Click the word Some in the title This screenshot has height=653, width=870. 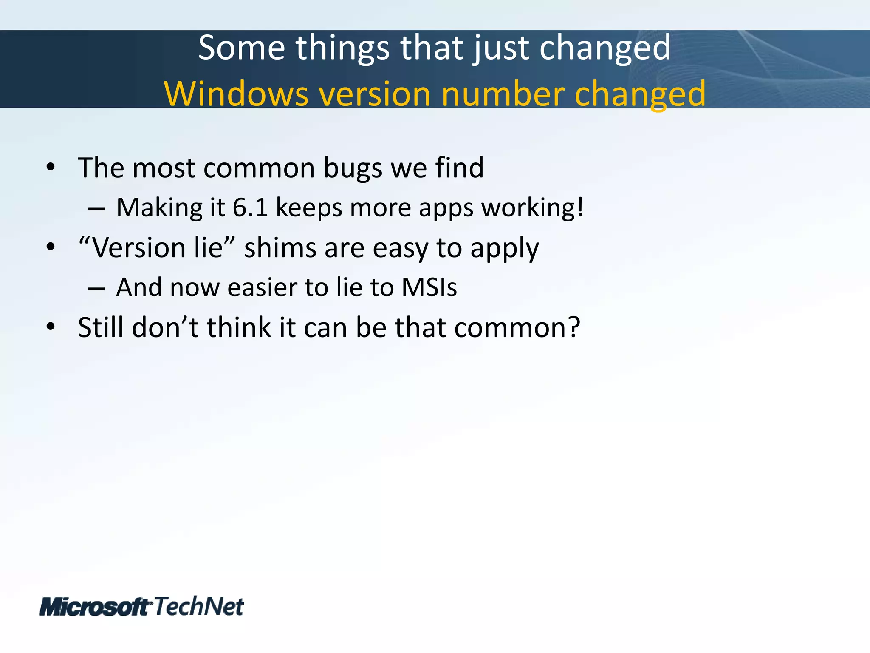tap(241, 48)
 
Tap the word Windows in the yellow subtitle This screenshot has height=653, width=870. tap(236, 94)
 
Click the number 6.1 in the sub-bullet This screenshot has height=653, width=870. tap(250, 208)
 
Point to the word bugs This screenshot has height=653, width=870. tap(353, 168)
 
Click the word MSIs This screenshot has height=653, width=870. tap(429, 287)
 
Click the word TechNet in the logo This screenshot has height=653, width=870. tap(199, 606)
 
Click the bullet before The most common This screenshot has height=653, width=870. tap(51, 167)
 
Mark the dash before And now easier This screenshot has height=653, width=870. tap(96, 289)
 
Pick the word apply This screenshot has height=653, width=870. tap(504, 249)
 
